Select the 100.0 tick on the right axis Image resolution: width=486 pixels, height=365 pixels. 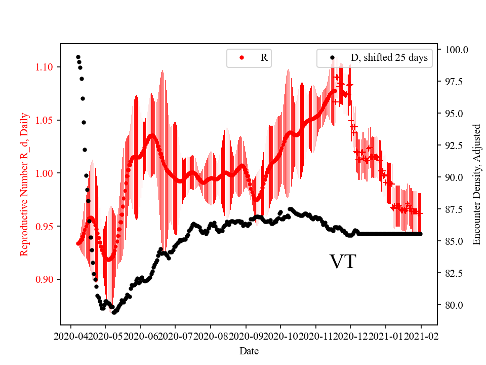pos(456,50)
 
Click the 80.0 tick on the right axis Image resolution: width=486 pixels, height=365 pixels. pos(456,305)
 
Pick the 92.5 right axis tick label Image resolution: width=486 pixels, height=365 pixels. pos(456,145)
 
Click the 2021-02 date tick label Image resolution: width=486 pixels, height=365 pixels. pos(421,336)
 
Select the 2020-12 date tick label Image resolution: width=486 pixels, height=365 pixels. pos(351,336)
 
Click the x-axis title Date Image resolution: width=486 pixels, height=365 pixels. pos(249,350)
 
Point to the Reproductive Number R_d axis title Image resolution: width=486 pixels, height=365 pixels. pos(24,185)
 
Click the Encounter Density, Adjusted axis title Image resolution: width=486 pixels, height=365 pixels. pos(476,185)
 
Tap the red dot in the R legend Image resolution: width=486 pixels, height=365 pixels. pos(241,58)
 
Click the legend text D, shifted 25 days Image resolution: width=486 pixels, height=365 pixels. pos(389,58)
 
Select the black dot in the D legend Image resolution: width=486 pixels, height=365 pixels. pos(332,58)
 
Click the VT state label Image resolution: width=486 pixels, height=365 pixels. pos(343,262)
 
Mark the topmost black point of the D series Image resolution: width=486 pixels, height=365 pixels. pos(78,57)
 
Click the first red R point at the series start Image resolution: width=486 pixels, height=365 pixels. pos(78,243)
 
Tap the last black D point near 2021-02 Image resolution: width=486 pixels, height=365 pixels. pos(420,234)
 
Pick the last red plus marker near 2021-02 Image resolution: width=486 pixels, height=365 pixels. pos(420,213)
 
